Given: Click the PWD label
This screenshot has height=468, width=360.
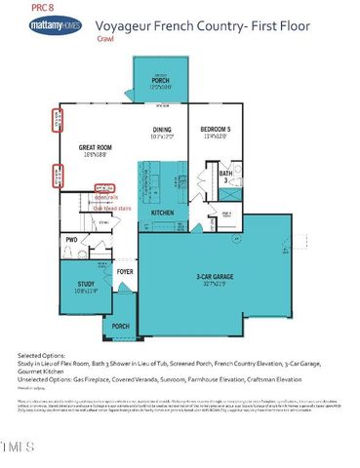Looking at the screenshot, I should pos(71,239).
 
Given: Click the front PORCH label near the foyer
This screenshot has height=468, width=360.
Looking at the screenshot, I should pos(121,326).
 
